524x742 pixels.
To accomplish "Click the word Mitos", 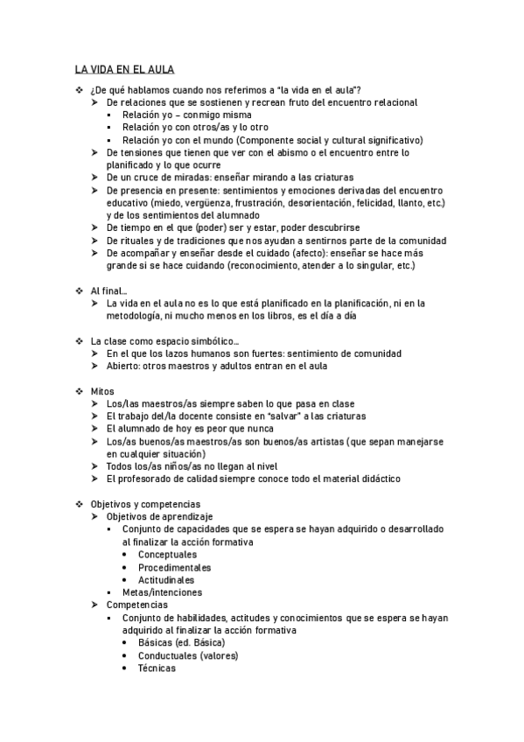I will [102, 390].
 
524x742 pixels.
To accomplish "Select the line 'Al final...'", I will [108, 290].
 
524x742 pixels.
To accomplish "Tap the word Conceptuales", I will [167, 555].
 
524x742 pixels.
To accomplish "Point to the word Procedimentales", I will [174, 567].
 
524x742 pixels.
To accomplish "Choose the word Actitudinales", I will [166, 579].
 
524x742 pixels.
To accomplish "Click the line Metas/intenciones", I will [163, 592].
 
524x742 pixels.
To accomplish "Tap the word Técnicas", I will [157, 668].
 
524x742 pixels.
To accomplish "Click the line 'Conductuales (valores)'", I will [187, 655].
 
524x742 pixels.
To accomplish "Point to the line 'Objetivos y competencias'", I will [145, 504].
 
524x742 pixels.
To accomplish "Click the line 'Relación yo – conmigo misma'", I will [186, 115].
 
